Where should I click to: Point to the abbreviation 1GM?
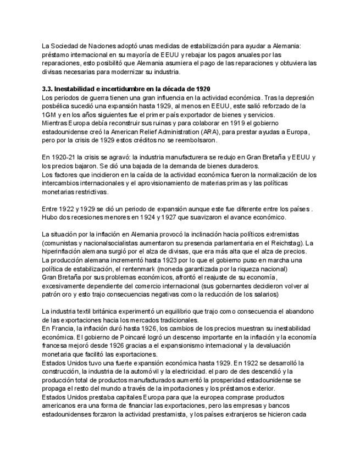(x=49, y=114)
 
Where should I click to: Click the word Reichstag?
(x=285, y=243)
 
